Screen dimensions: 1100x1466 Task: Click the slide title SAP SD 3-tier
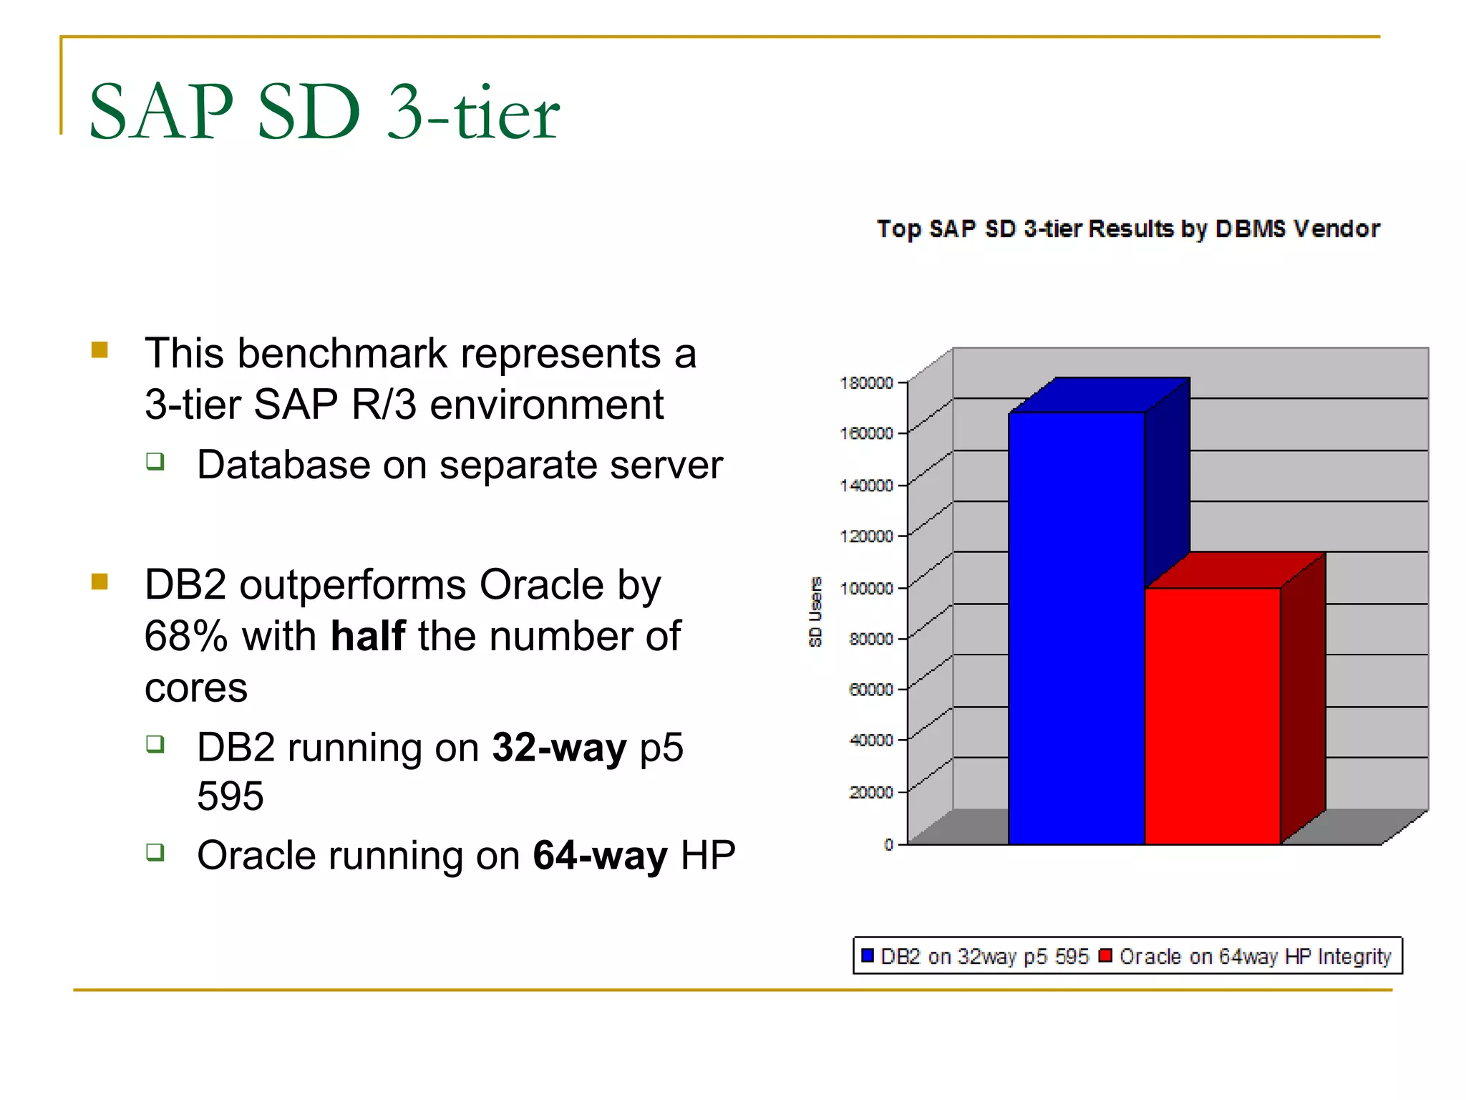[x=324, y=112]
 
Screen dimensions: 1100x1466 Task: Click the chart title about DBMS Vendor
[x=1128, y=228]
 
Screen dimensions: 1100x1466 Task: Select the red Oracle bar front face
[x=1212, y=715]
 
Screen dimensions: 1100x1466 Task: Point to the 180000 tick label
[x=866, y=383]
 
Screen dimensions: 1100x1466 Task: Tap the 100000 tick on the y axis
[x=866, y=589]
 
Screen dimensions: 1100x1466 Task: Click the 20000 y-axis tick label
[x=870, y=792]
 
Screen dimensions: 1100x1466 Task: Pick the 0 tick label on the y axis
[x=888, y=844]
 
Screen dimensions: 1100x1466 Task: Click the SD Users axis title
[x=815, y=612]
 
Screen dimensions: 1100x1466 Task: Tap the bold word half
[x=367, y=636]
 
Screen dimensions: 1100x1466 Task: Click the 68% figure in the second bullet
[x=185, y=636]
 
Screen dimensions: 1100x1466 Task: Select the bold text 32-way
[x=558, y=748]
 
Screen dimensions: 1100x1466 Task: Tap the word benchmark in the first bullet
[x=342, y=354]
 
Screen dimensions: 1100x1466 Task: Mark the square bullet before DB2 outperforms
[x=99, y=581]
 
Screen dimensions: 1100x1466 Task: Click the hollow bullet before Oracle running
[x=155, y=851]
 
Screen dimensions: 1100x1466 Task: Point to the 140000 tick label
[x=866, y=486]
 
